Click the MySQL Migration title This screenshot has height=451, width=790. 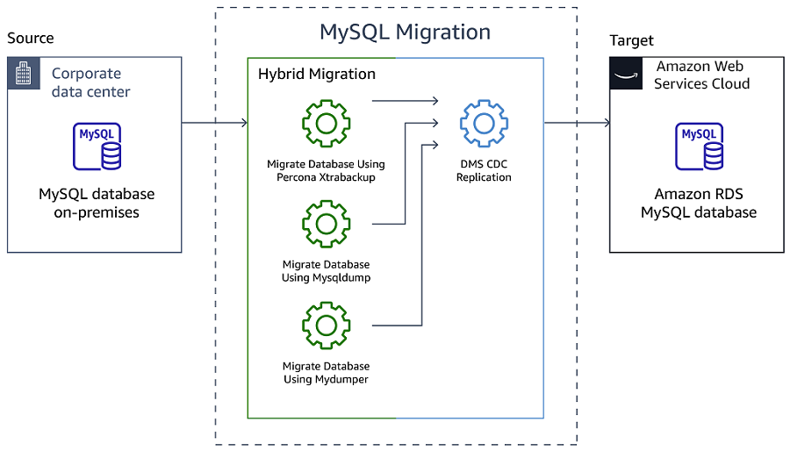405,32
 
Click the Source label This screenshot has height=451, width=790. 31,38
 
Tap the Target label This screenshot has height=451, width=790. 632,40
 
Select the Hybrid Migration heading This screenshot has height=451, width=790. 317,75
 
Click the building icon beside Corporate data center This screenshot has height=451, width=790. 23,73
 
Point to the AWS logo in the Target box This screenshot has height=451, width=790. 626,74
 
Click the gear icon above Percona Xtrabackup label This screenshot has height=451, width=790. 327,124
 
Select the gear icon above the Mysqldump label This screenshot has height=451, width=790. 327,224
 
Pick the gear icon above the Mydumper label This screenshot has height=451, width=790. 327,326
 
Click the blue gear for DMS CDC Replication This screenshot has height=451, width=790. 484,124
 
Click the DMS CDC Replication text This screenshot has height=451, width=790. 484,170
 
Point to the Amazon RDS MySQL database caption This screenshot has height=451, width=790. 699,204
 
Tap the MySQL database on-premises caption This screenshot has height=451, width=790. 97,203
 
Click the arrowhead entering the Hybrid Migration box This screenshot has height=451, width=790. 243,123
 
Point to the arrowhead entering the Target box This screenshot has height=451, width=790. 606,123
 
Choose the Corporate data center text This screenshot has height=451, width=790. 90,82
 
